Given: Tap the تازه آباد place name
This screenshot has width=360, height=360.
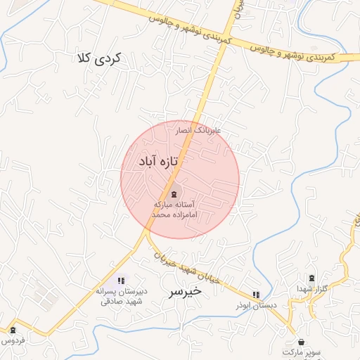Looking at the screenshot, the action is pyautogui.click(x=151, y=162).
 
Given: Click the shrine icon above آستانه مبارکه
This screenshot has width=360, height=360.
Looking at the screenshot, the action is pyautogui.click(x=174, y=193).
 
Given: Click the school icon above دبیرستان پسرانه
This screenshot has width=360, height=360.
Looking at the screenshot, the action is pyautogui.click(x=121, y=281).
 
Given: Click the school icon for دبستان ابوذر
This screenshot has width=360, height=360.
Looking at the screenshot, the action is pyautogui.click(x=256, y=295).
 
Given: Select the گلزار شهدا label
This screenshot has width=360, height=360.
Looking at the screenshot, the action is pyautogui.click(x=311, y=289).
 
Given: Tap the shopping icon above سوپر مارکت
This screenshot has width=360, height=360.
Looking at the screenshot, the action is pyautogui.click(x=302, y=342).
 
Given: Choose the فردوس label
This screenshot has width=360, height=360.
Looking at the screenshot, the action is pyautogui.click(x=12, y=340).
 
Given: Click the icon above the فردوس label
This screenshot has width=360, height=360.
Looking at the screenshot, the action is pyautogui.click(x=12, y=330).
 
